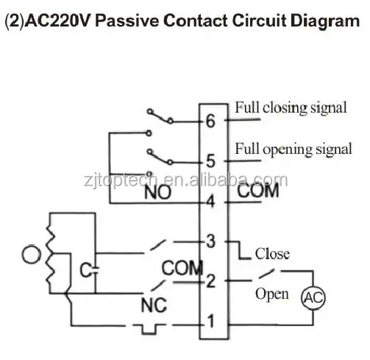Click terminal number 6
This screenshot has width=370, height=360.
click(210, 121)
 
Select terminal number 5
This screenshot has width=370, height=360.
click(210, 161)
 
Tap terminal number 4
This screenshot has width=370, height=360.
click(210, 202)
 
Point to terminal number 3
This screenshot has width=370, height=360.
click(210, 241)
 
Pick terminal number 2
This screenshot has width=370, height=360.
click(210, 281)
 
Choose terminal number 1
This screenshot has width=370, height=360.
click(210, 321)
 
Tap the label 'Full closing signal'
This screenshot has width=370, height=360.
click(291, 107)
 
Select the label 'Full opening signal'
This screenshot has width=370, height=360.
click(293, 149)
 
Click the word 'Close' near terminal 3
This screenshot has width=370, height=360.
click(272, 254)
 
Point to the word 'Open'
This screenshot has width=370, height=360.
click(272, 294)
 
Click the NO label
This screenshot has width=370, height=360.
click(157, 192)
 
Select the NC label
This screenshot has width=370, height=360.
click(154, 306)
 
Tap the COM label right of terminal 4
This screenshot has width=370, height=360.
click(258, 191)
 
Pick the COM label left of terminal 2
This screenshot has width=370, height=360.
click(182, 268)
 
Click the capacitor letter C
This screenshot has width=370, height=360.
click(85, 270)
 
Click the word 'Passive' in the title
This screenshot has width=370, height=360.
click(127, 21)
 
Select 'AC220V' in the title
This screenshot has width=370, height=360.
click(58, 21)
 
